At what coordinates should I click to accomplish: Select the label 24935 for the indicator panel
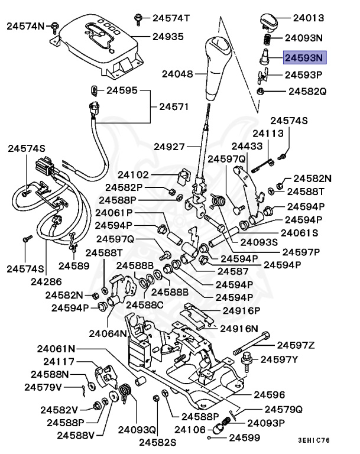(x=168, y=36)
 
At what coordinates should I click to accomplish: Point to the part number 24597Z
(x=296, y=345)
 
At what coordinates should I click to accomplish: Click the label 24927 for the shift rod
(x=170, y=146)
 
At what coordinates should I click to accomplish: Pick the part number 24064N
(x=108, y=333)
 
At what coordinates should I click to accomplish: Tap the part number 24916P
(x=241, y=310)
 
